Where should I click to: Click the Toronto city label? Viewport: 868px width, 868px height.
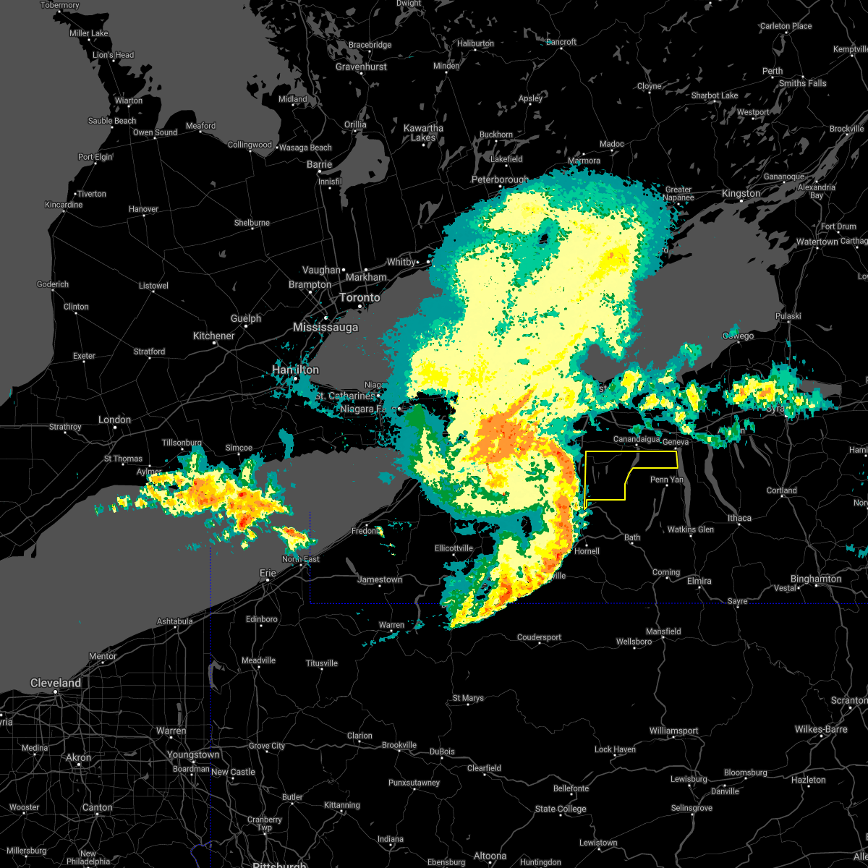[x=359, y=298]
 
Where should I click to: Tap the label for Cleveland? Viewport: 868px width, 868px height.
[x=56, y=683]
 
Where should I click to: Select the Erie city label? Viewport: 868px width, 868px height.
[x=268, y=573]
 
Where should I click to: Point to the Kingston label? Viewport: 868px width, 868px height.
[x=741, y=193]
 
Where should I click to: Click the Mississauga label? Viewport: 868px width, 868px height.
[x=325, y=328]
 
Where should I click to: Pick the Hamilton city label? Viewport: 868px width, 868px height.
[x=295, y=370]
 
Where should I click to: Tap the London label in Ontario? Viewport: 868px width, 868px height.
[x=114, y=420]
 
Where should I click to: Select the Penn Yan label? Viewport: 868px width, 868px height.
[x=667, y=480]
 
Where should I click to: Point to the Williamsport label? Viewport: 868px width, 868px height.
[x=673, y=731]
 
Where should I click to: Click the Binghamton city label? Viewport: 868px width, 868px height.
[x=816, y=579]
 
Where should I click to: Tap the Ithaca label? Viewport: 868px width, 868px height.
[x=739, y=518]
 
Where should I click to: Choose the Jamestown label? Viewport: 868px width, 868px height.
[x=380, y=579]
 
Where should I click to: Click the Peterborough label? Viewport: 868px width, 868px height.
[x=500, y=179]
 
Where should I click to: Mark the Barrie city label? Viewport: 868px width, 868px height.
[x=319, y=164]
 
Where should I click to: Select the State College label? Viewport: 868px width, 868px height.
[x=561, y=809]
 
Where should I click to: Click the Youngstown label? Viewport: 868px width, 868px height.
[x=193, y=754]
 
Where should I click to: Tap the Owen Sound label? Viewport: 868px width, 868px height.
[x=155, y=132]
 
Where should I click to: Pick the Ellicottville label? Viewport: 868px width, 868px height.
[x=454, y=548]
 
